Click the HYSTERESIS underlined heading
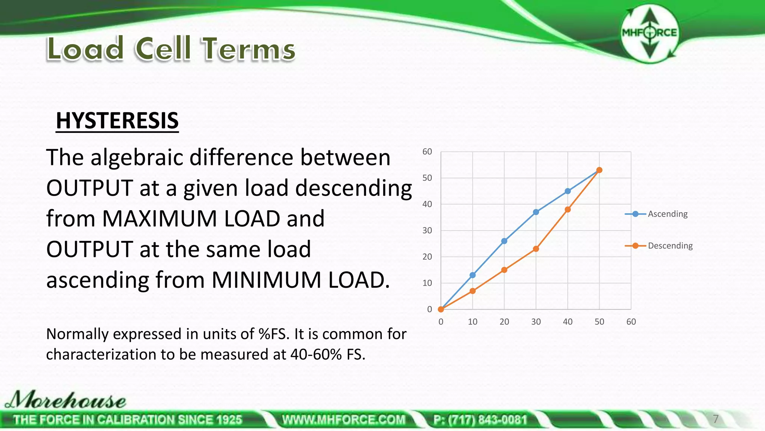coord(117,121)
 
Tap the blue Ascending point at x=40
coord(567,191)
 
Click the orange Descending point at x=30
coord(536,249)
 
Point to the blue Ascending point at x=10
coord(473,275)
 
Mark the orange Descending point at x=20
coord(504,270)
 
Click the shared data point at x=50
coord(599,170)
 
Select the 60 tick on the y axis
coord(427,152)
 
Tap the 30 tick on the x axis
coord(536,322)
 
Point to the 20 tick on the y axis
coord(427,257)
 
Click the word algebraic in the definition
coord(137,158)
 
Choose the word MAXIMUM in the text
coord(159,219)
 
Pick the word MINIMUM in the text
coord(266,280)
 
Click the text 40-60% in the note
coord(316,354)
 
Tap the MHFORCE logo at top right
coord(650,33)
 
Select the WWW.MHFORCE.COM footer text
coord(344,420)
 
